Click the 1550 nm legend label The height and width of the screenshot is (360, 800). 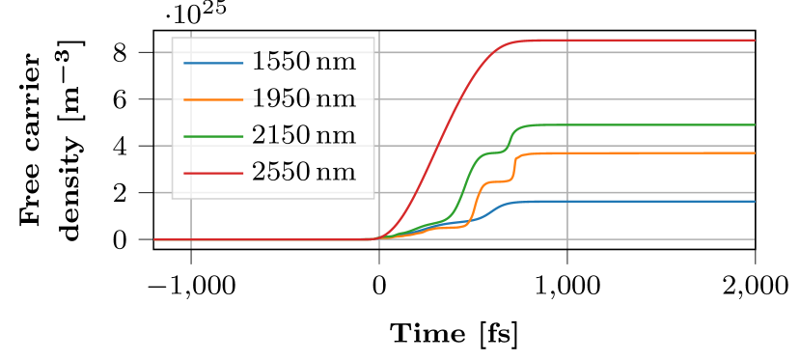303,63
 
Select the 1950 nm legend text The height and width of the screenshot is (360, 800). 303,99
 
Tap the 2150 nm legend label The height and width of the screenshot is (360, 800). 303,136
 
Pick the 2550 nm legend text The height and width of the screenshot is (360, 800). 303,173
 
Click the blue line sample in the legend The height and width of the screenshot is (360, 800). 212,63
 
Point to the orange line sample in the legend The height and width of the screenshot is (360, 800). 212,99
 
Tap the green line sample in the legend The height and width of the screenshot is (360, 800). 212,136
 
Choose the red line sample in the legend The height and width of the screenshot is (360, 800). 212,173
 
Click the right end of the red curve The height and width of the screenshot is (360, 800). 753,41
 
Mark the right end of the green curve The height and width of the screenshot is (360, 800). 753,125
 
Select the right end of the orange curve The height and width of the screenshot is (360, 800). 753,153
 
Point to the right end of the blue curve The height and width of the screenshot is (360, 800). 753,202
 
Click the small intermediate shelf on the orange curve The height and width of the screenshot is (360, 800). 498,181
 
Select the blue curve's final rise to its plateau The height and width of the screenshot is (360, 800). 494,210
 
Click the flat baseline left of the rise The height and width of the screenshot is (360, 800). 270,239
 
